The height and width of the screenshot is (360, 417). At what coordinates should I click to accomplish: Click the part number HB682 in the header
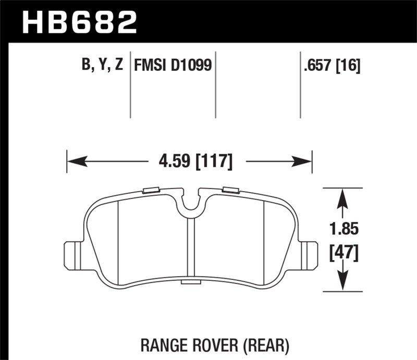[x=78, y=22]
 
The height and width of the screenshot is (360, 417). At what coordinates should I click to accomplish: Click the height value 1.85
[x=342, y=229]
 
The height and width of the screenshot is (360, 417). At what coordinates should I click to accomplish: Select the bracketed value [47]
[x=342, y=255]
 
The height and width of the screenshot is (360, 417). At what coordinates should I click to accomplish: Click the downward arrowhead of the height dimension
[x=342, y=281]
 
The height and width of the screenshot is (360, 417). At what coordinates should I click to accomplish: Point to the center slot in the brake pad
[x=190, y=247]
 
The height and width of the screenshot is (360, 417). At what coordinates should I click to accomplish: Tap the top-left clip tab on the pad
[x=151, y=190]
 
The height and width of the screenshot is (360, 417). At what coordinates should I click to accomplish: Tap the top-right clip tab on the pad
[x=230, y=190]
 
